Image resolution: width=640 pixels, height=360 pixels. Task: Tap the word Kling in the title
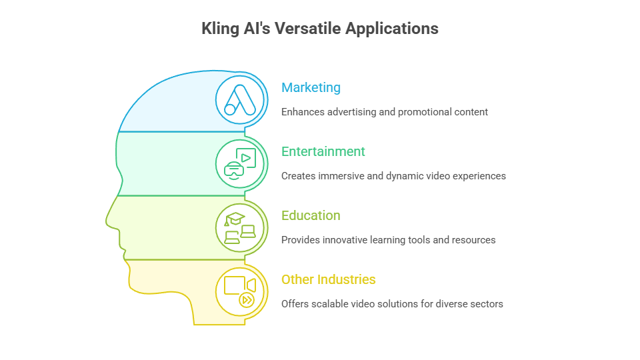coord(219,29)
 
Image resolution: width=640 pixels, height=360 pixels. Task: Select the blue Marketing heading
coord(311,87)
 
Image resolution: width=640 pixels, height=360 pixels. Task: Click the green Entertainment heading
coord(323,151)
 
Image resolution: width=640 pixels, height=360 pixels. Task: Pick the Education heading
coord(311,215)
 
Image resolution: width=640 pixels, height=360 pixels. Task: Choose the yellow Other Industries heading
coord(328,279)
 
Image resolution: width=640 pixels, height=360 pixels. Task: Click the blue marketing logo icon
coord(240,100)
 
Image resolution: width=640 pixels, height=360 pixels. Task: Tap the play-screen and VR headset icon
coord(240,164)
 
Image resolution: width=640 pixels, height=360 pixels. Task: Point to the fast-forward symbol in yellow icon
coord(247,301)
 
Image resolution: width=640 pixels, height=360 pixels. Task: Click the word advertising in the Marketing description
coord(351,112)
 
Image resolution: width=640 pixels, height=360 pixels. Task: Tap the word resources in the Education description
coord(474,240)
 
